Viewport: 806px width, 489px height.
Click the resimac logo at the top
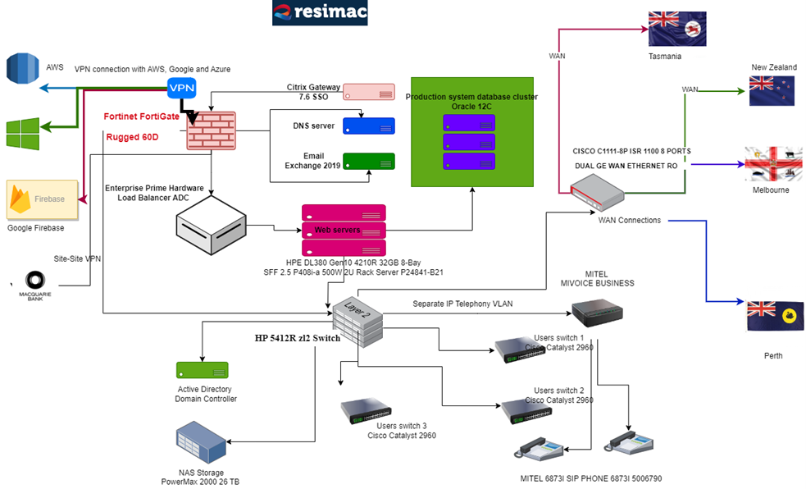pos(321,13)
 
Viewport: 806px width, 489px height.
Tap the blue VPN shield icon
pos(181,88)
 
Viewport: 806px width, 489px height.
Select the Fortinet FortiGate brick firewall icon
pos(211,130)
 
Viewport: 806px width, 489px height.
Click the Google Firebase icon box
pos(42,199)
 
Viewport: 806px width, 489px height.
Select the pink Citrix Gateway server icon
pos(368,92)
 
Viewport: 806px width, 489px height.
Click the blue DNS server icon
pos(368,126)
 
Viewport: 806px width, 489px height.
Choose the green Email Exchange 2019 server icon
pos(368,161)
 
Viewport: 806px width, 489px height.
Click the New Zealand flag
pos(772,91)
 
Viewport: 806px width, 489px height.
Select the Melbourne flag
pos(772,164)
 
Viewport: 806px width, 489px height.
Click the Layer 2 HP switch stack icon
pos(358,318)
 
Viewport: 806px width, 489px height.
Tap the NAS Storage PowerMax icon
pos(199,442)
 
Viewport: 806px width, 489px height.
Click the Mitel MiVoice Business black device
pos(596,311)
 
